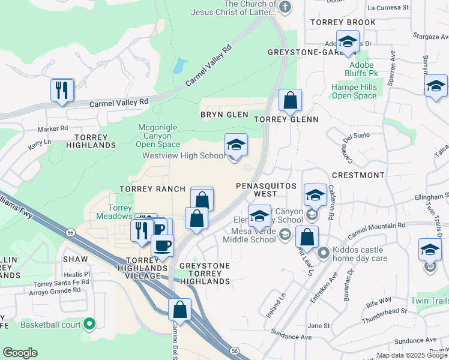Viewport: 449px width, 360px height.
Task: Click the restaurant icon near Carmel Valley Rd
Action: (62, 91)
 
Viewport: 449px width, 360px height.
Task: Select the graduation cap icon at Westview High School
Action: (236, 145)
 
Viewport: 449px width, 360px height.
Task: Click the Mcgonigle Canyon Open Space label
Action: (158, 135)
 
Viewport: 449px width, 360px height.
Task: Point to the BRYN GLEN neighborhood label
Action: (224, 115)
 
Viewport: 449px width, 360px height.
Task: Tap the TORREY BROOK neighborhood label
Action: (343, 22)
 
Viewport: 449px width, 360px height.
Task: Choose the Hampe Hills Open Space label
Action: (354, 91)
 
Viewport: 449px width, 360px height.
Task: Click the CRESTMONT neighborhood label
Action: (358, 175)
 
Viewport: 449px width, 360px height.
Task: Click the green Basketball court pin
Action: (90, 325)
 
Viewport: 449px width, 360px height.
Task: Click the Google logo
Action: (20, 353)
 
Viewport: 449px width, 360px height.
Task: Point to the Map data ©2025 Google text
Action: (412, 355)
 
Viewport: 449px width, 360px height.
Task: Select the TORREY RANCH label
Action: (152, 189)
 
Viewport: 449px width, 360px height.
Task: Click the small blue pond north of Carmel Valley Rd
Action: (179, 65)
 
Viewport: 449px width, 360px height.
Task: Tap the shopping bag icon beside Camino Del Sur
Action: (179, 310)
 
